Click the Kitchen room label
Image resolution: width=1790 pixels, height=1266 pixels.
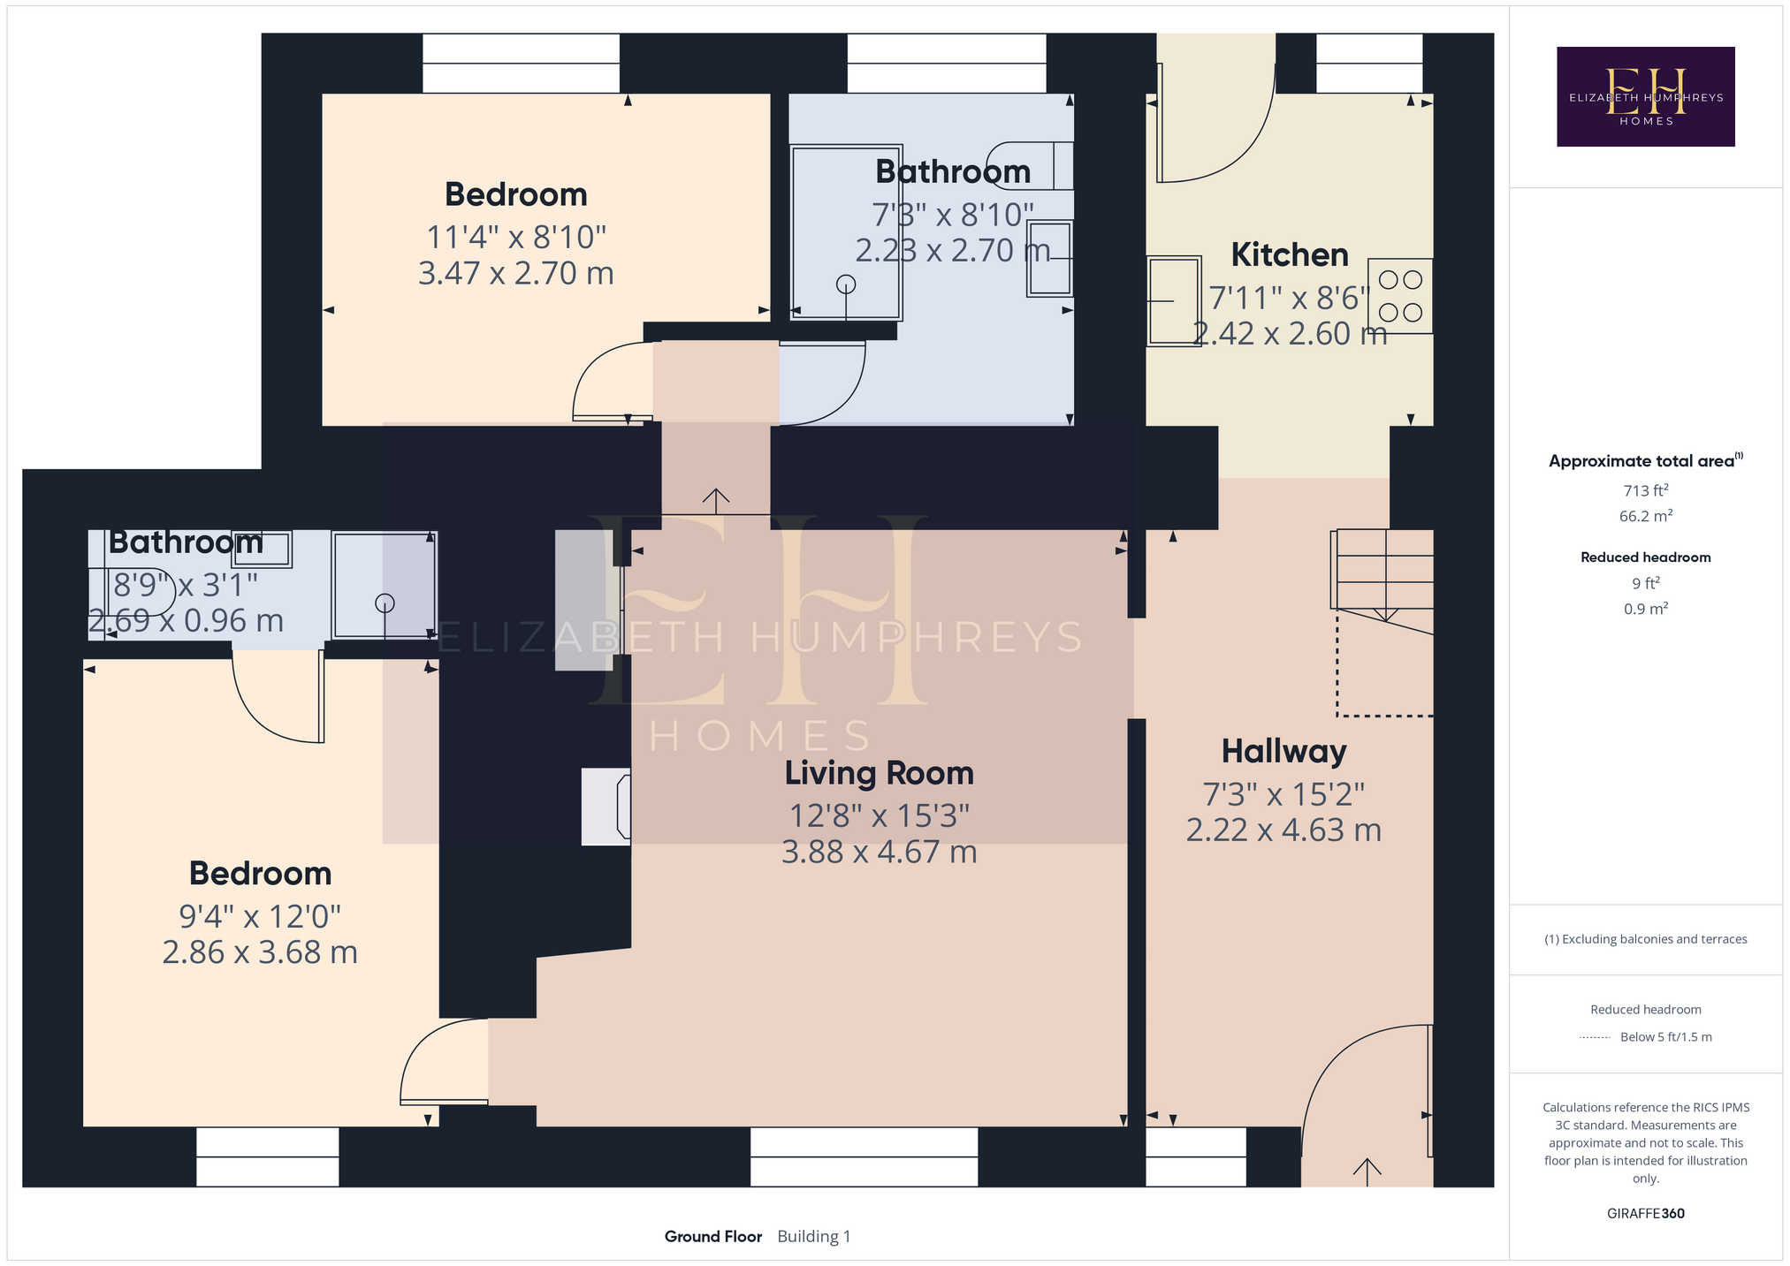[1290, 255]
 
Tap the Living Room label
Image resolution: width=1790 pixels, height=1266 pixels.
[880, 773]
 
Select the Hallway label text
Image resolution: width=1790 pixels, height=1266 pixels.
[1284, 752]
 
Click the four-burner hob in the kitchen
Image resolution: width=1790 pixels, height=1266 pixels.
[1400, 296]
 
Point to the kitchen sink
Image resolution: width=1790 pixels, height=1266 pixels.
[1175, 300]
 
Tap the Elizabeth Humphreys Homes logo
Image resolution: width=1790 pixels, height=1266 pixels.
[1646, 96]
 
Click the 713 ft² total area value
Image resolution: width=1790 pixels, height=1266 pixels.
[1646, 490]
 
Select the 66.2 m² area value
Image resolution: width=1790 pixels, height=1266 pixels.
[1646, 516]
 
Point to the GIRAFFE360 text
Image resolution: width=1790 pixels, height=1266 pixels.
[1646, 1214]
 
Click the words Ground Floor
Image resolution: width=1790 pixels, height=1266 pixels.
[713, 1237]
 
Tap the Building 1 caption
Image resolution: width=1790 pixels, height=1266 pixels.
[814, 1237]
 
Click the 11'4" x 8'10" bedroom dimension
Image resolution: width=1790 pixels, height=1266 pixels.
[516, 237]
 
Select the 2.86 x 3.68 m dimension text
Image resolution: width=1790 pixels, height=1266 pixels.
[260, 952]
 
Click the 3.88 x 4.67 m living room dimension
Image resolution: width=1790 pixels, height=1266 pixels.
[880, 852]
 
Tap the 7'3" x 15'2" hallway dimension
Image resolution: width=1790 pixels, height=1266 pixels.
[1284, 795]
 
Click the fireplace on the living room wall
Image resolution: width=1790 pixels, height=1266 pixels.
[607, 807]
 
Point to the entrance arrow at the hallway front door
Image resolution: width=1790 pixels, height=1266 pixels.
[1367, 1171]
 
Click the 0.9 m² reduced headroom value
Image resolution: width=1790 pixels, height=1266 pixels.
[1646, 609]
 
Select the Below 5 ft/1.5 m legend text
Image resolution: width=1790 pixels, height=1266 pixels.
[1666, 1037]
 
